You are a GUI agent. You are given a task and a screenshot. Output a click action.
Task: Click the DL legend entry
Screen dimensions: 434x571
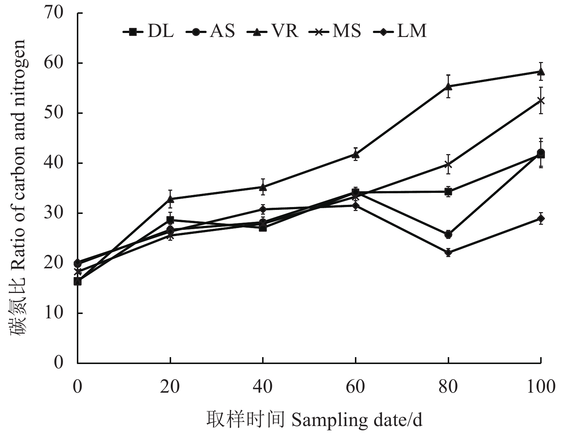[149, 32]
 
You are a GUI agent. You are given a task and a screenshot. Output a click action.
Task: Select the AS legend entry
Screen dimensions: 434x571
[210, 32]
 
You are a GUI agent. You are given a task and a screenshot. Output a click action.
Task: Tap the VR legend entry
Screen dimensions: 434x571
[273, 32]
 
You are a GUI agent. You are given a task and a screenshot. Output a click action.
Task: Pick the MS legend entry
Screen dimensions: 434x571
[335, 32]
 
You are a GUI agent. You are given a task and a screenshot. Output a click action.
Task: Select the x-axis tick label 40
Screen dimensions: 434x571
[262, 387]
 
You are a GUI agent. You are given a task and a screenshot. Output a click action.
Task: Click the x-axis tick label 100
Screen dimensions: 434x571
[541, 387]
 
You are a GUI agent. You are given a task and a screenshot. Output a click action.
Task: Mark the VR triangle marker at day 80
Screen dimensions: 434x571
[448, 86]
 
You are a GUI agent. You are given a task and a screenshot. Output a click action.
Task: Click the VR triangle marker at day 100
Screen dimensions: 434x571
[541, 71]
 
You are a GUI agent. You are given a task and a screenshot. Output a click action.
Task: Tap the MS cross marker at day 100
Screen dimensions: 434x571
[541, 100]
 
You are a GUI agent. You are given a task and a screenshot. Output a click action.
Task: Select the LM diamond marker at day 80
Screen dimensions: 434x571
[448, 253]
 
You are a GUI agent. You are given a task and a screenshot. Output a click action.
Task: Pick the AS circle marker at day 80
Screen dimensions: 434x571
[448, 234]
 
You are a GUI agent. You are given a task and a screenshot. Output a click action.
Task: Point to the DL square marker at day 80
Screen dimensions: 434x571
[448, 191]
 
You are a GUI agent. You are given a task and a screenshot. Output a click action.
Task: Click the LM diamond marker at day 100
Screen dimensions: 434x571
[541, 219]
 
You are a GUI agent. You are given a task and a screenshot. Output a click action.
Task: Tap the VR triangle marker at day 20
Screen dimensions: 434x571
[170, 199]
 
